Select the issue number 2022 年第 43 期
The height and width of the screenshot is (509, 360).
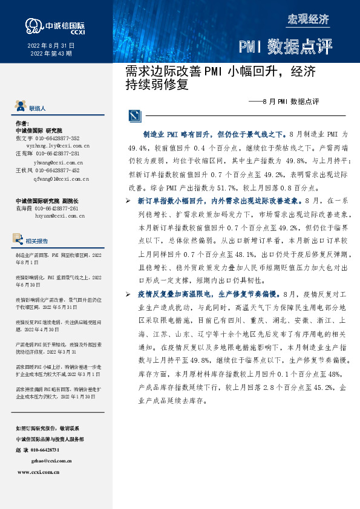tap(51, 54)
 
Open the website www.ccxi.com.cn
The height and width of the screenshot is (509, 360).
tap(38, 472)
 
